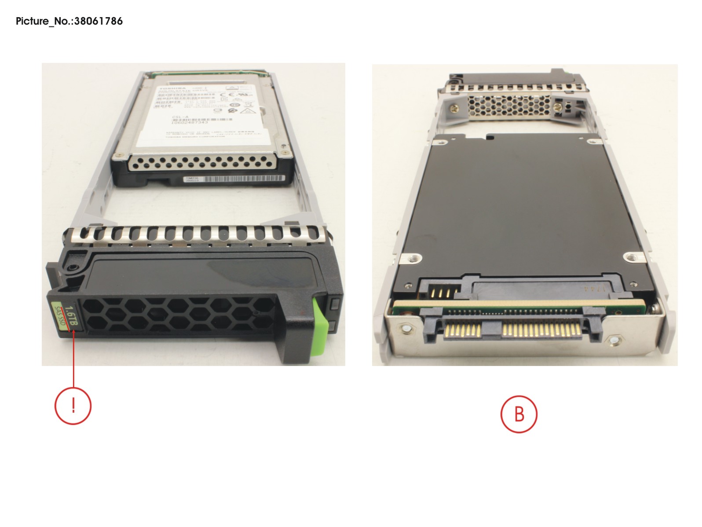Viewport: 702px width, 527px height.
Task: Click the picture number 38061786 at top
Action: (x=69, y=21)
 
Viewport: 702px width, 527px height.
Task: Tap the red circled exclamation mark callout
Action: (x=73, y=406)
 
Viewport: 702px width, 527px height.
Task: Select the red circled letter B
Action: (x=519, y=414)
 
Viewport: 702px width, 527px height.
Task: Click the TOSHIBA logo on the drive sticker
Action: (x=169, y=88)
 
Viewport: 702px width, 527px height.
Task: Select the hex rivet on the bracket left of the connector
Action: (x=405, y=328)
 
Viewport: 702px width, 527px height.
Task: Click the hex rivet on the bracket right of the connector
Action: (x=615, y=340)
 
